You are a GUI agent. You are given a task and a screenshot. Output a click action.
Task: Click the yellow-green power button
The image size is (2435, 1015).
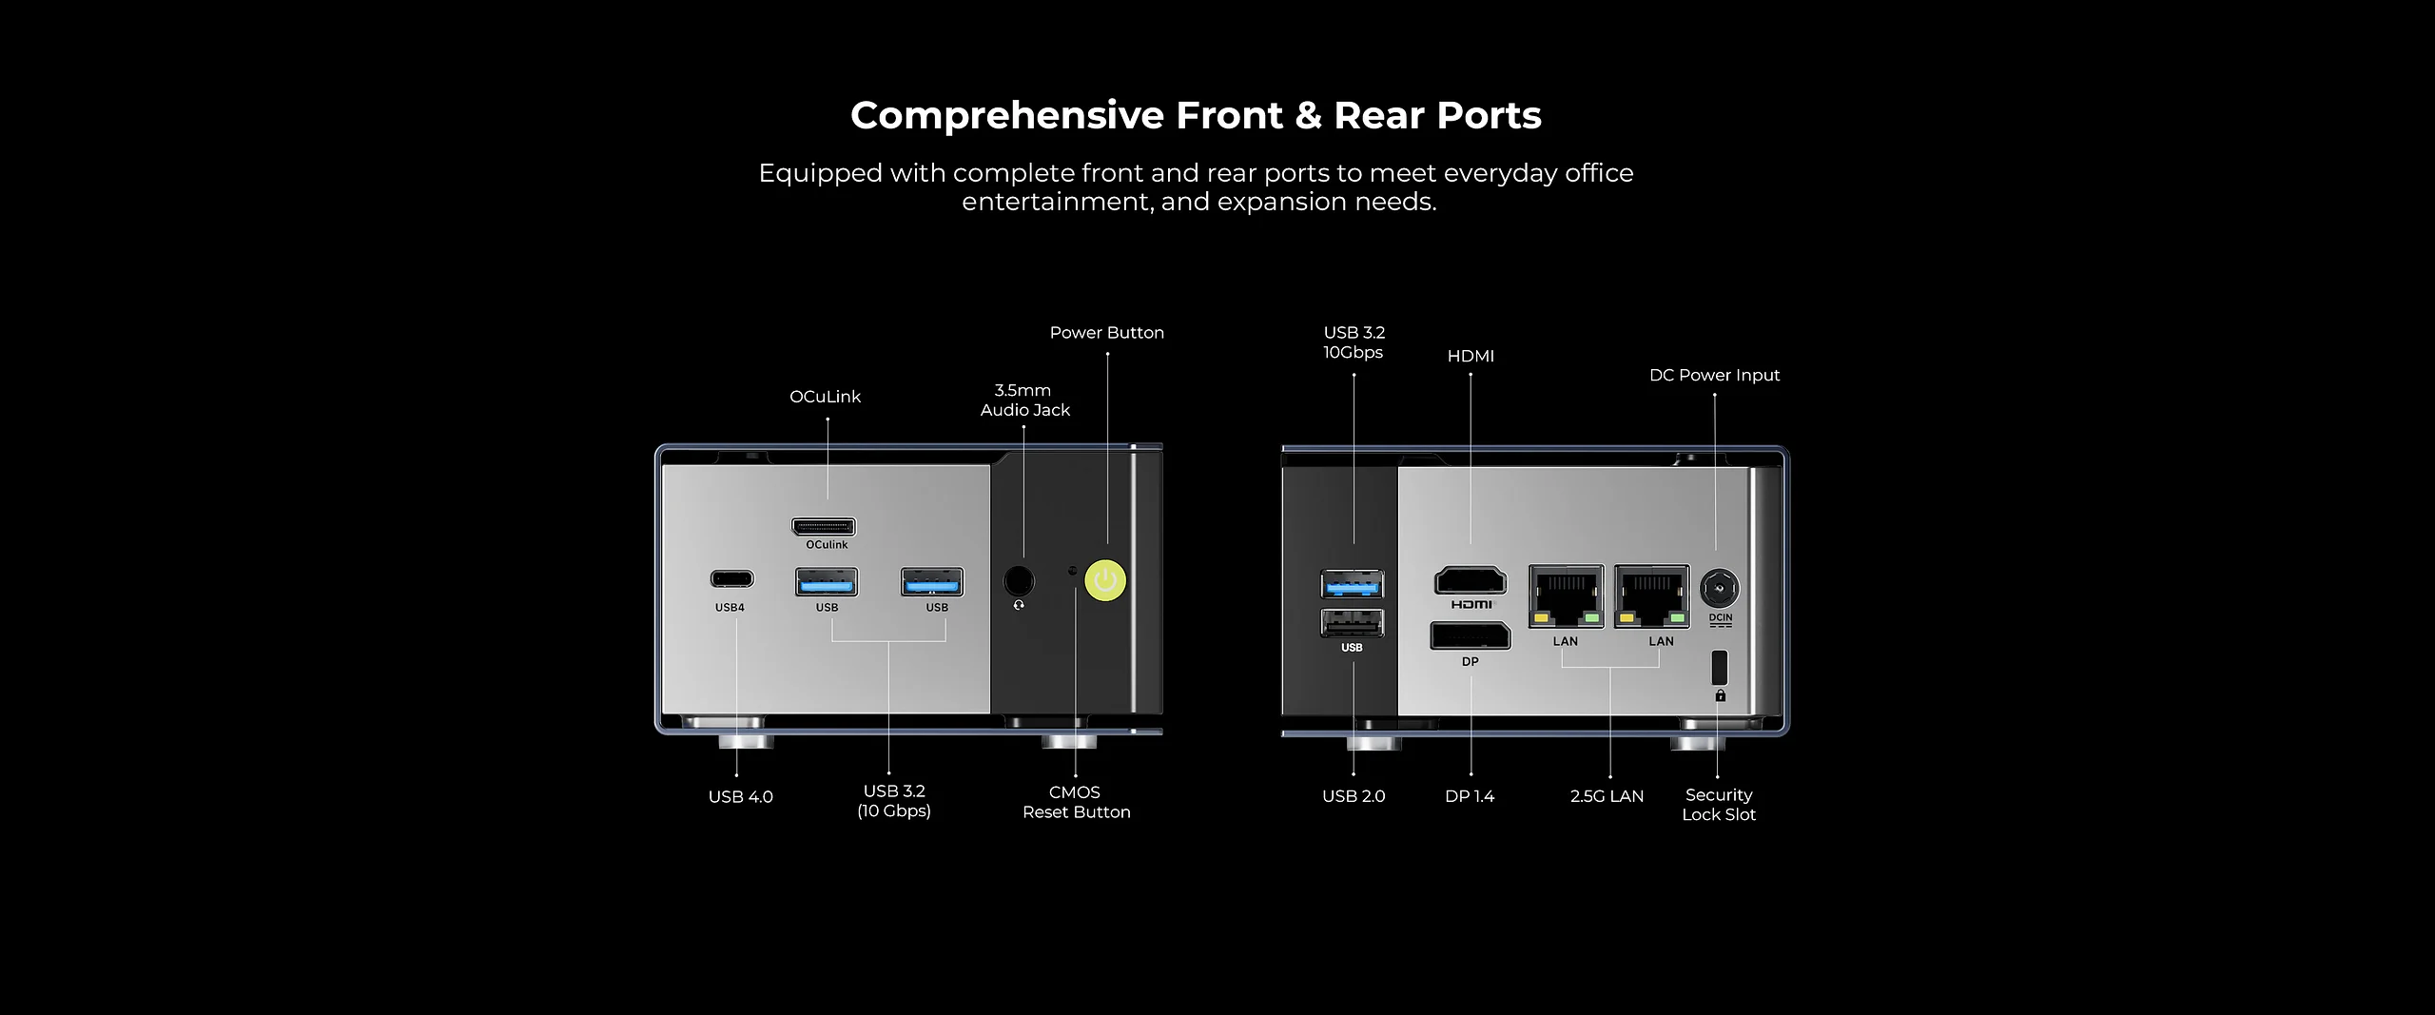pyautogui.click(x=1105, y=579)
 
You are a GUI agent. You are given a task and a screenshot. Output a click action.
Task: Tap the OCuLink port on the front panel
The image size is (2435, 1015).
pyautogui.click(x=824, y=526)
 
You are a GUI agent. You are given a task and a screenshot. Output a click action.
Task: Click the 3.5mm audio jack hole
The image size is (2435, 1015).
pyautogui.click(x=1020, y=580)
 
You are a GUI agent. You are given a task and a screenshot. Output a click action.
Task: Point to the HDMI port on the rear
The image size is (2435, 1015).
pyautogui.click(x=1471, y=580)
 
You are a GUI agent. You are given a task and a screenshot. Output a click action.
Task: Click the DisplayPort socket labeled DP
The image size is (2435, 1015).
pyautogui.click(x=1470, y=635)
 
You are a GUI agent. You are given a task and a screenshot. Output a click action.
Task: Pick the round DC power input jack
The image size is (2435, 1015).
pyautogui.click(x=1719, y=589)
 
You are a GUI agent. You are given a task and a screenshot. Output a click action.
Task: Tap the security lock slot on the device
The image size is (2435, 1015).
pyautogui.click(x=1719, y=666)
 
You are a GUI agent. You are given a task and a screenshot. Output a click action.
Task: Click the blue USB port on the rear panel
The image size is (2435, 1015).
pyautogui.click(x=1352, y=583)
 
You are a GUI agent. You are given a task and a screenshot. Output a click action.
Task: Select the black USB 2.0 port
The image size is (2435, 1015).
pyautogui.click(x=1352, y=623)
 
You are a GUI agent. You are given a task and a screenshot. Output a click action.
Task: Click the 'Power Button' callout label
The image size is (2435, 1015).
pyautogui.click(x=1106, y=333)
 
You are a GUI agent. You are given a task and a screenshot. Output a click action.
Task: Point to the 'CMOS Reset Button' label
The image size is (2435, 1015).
pyautogui.click(x=1076, y=802)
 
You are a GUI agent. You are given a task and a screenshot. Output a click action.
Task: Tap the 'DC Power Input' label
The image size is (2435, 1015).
pyautogui.click(x=1714, y=375)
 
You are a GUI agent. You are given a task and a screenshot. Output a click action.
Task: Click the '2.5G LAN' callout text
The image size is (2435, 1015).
pyautogui.click(x=1607, y=796)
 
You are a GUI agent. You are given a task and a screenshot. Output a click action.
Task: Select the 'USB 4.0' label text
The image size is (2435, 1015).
pyautogui.click(x=740, y=797)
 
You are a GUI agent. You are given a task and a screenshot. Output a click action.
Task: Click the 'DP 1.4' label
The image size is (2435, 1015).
pyautogui.click(x=1470, y=796)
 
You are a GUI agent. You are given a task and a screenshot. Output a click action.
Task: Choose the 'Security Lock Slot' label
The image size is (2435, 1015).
pyautogui.click(x=1719, y=805)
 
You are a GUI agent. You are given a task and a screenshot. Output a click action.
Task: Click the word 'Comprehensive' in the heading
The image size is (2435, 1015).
pyautogui.click(x=1007, y=115)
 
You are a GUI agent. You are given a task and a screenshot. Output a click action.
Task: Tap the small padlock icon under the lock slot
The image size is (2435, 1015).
pyautogui.click(x=1720, y=696)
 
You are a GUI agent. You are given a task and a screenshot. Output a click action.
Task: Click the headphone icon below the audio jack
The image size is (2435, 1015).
pyautogui.click(x=1020, y=605)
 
